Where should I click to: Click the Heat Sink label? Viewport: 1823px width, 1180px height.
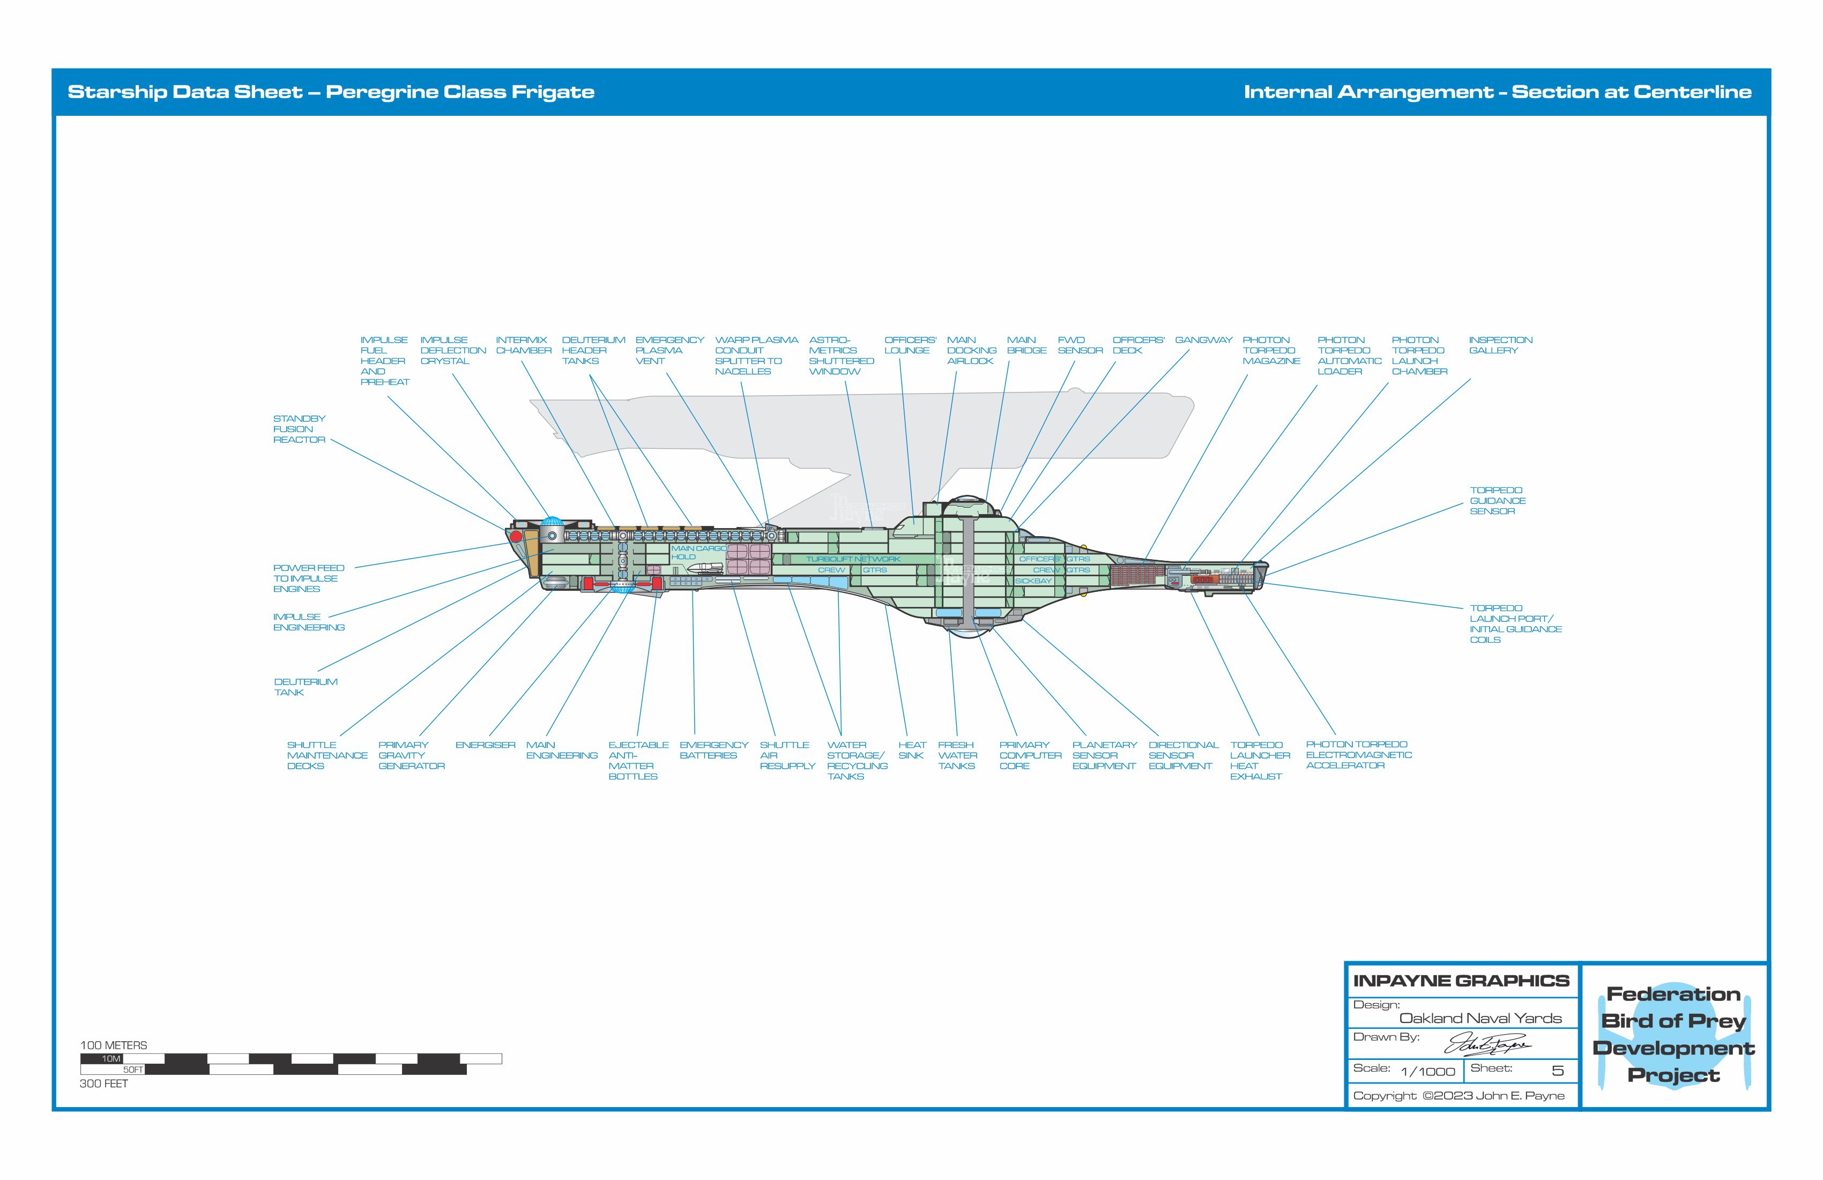(x=911, y=750)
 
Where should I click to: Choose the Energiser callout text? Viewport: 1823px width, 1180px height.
(x=485, y=745)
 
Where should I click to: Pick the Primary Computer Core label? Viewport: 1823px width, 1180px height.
(x=1030, y=755)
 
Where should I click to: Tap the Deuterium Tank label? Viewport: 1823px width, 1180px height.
(x=305, y=687)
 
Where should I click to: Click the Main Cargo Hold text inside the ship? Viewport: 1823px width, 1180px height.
(x=697, y=552)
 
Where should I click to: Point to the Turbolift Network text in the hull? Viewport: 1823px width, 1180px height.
(x=852, y=559)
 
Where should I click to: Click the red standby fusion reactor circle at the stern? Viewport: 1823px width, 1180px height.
(x=516, y=536)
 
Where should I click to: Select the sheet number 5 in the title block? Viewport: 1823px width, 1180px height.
(x=1557, y=1071)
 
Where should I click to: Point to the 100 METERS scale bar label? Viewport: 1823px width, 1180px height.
(x=113, y=1045)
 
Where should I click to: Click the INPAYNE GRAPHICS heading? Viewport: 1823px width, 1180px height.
(x=1461, y=981)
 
